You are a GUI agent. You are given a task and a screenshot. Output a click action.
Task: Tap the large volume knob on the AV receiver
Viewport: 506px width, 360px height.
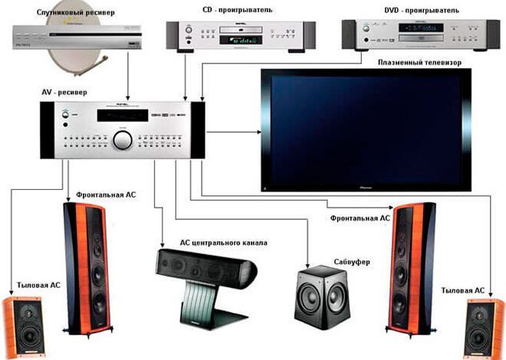(x=122, y=140)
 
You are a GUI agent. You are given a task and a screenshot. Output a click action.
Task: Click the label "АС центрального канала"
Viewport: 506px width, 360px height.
(x=223, y=243)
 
